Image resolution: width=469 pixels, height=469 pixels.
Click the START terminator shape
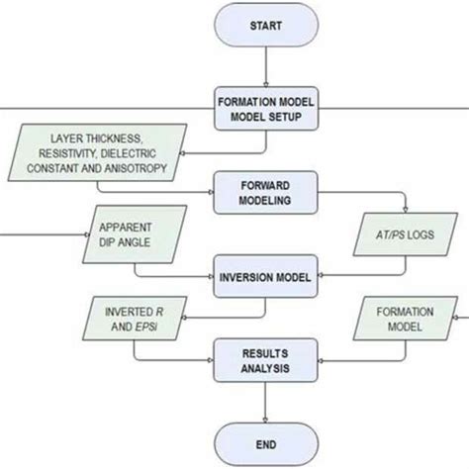266,26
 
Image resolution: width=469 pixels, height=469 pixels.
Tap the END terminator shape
266,443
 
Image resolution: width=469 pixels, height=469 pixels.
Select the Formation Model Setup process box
266,108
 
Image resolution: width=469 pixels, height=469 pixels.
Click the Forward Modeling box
266,192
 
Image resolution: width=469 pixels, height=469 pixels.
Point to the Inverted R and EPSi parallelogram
130,318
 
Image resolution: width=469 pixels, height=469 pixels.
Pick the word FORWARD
266,184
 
